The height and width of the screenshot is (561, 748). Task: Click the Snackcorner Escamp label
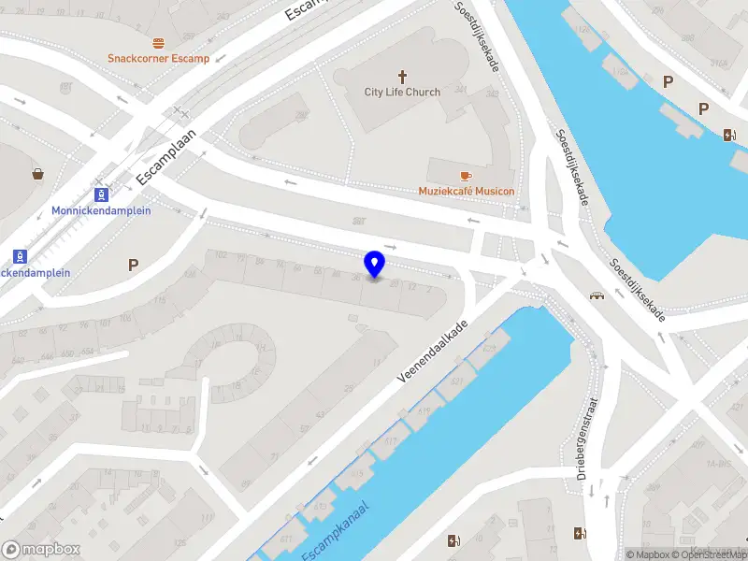[158, 58]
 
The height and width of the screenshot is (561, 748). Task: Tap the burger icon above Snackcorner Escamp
[158, 43]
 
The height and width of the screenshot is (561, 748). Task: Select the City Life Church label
[402, 93]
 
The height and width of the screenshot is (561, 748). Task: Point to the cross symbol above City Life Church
[403, 77]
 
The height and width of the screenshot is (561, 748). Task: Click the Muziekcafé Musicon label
[466, 192]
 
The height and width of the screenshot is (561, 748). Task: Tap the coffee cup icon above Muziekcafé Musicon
[466, 176]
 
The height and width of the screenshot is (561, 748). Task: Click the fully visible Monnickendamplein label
[101, 210]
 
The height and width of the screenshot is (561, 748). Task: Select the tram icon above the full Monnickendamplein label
[101, 194]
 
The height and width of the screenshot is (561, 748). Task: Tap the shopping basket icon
[38, 174]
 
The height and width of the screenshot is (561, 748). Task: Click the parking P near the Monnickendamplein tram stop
[133, 266]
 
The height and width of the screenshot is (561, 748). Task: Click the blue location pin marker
[374, 265]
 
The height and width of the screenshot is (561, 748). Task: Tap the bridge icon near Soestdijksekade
[596, 296]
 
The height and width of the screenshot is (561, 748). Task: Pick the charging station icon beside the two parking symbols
[729, 135]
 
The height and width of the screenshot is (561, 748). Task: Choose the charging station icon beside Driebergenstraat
[579, 535]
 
